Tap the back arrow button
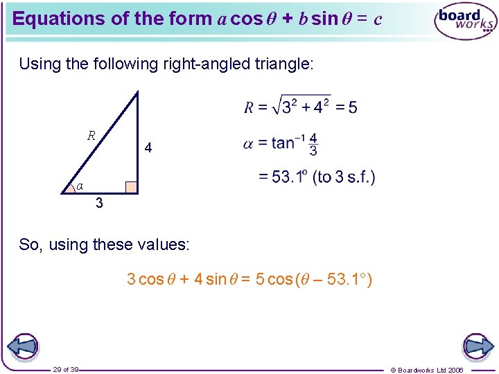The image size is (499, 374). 22,346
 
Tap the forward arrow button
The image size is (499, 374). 477,346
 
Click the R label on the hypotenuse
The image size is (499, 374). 91,135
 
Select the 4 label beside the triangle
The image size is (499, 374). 148,148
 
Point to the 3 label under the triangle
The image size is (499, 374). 100,204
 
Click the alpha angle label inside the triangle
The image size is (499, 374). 80,186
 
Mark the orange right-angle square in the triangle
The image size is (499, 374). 130,187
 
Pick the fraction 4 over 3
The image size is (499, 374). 313,144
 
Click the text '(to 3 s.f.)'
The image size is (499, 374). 344,177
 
